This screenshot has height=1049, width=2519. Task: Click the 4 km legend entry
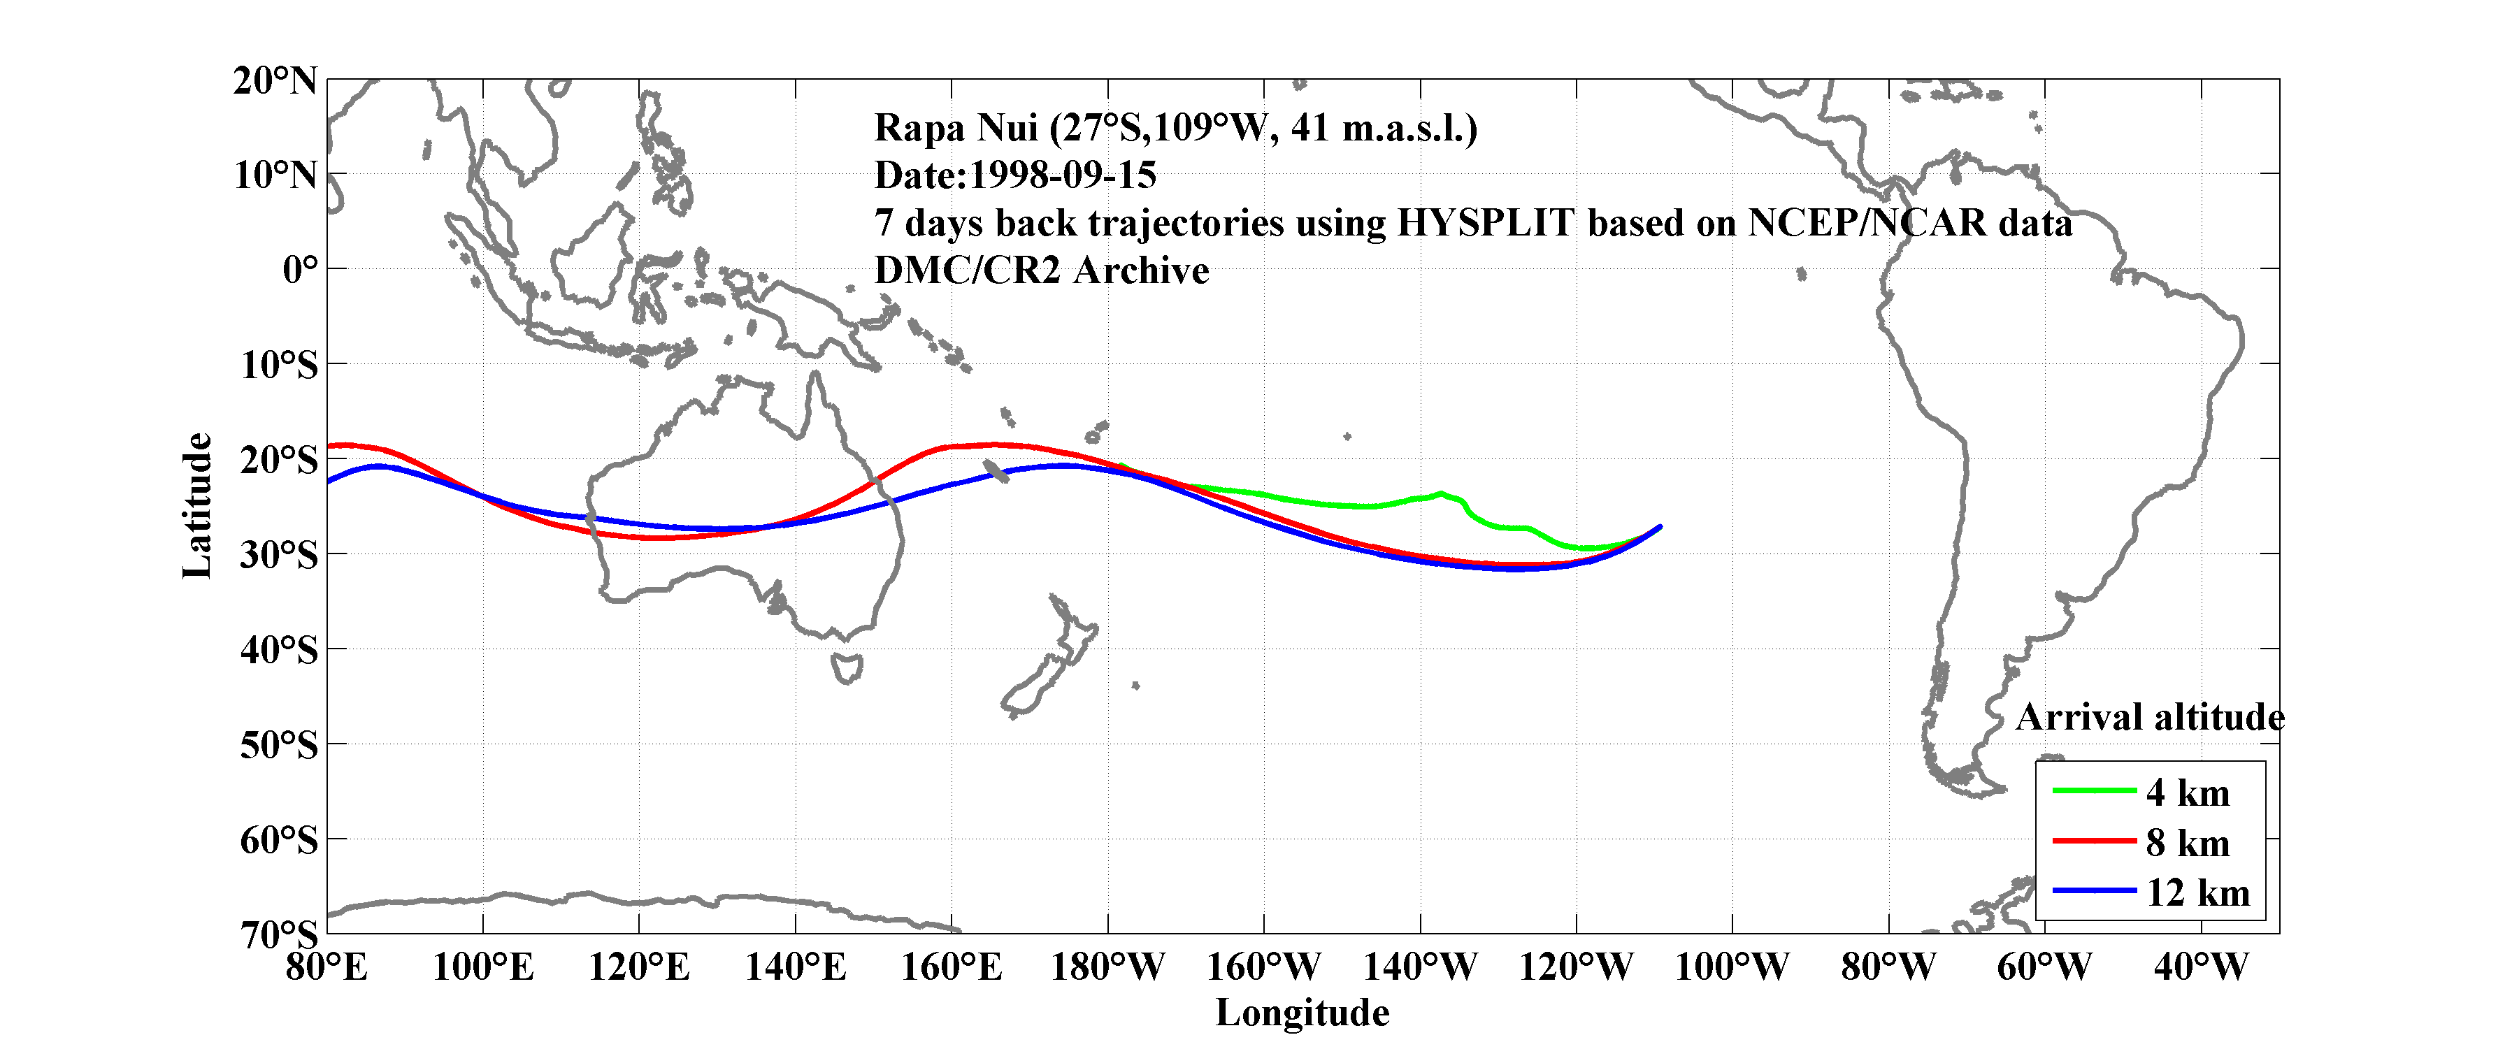pyautogui.click(x=2188, y=793)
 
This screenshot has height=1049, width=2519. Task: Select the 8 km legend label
pyautogui.click(x=2188, y=843)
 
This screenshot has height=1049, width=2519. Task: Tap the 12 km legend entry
pyautogui.click(x=2197, y=892)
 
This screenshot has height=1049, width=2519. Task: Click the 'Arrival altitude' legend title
pyautogui.click(x=2149, y=718)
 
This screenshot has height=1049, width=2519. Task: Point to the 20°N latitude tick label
pyautogui.click(x=275, y=81)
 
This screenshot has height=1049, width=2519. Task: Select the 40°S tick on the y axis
pyautogui.click(x=279, y=649)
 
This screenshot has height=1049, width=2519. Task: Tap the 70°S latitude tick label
pyautogui.click(x=279, y=934)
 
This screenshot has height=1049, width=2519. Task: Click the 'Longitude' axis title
pyautogui.click(x=1302, y=1013)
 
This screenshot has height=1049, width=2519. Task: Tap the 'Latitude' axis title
pyautogui.click(x=198, y=505)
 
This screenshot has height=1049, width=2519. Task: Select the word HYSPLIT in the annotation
pyautogui.click(x=1484, y=223)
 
